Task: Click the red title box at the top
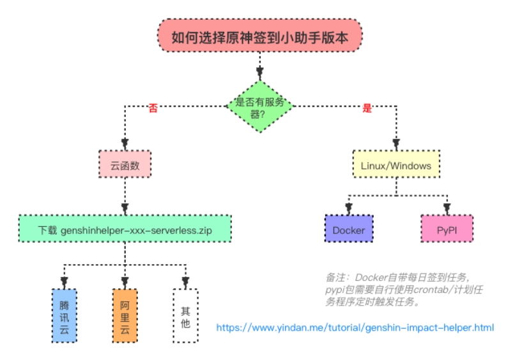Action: pos(259,36)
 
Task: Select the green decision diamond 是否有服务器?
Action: pos(259,106)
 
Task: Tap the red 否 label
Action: pos(153,108)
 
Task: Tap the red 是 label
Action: pos(367,108)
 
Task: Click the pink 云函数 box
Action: pos(125,165)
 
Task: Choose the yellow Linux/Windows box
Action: pos(396,165)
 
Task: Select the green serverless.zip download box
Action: pos(125,228)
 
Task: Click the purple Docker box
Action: pos(348,228)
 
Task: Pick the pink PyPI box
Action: pos(447,228)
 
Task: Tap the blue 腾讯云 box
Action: pos(63,315)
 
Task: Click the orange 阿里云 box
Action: pos(125,315)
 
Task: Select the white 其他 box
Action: pos(185,315)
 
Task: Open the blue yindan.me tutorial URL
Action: pos(355,327)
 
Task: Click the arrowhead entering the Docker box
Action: pos(348,208)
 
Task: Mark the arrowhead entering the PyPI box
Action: pos(447,208)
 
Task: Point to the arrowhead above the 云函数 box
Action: pos(125,143)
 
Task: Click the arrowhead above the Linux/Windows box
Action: pos(396,143)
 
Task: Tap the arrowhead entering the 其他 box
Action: pos(185,281)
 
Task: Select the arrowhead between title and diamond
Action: pos(259,71)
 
